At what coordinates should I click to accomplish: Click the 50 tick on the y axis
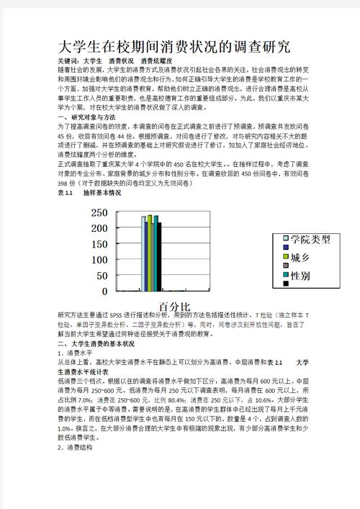(x=100, y=276)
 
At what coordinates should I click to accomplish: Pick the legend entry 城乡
(x=300, y=257)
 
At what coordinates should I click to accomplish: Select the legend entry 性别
(x=300, y=276)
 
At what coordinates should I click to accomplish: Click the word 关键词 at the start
(x=68, y=61)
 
